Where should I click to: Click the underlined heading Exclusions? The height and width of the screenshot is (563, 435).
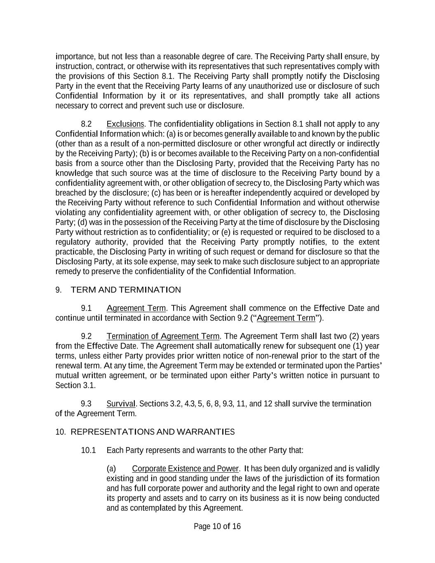[125, 124]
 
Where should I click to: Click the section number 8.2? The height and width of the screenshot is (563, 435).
[87, 124]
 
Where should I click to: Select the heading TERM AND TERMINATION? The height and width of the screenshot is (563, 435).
[126, 290]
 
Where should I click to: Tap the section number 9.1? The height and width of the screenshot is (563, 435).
[87, 309]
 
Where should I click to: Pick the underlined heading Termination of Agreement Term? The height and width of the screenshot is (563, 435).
[163, 336]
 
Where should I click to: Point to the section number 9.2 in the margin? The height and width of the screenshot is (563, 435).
[87, 336]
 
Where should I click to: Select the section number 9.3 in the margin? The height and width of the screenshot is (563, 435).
[87, 403]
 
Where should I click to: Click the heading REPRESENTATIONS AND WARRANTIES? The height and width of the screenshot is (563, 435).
[153, 432]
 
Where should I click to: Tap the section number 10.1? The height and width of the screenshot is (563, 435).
[88, 450]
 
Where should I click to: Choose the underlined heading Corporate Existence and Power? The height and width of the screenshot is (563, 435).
[185, 469]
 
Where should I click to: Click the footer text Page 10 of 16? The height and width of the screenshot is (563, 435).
[217, 526]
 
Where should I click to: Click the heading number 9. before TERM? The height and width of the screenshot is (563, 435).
[59, 290]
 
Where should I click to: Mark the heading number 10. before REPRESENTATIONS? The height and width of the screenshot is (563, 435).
[60, 432]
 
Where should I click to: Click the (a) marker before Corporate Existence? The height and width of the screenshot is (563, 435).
[111, 469]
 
